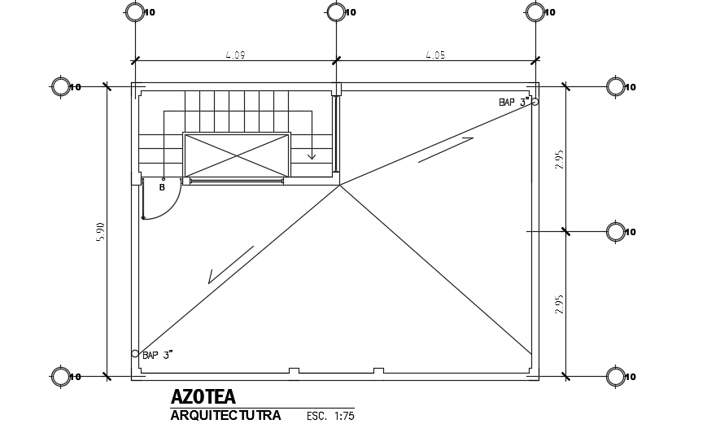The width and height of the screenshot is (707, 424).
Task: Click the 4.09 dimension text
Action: (x=235, y=55)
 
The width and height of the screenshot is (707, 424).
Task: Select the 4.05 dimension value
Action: (x=435, y=55)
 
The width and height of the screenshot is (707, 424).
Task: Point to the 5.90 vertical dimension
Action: (x=101, y=231)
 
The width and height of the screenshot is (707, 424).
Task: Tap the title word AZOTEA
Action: (x=203, y=397)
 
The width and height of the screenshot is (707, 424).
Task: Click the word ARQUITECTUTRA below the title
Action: (x=225, y=416)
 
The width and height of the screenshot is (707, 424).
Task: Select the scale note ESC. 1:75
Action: (x=330, y=416)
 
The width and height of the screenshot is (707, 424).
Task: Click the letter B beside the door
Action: (x=162, y=187)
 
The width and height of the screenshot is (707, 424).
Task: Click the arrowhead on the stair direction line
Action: (x=311, y=155)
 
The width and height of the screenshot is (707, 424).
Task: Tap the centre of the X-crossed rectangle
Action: (x=237, y=154)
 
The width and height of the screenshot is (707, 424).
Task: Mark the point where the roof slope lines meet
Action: (x=339, y=186)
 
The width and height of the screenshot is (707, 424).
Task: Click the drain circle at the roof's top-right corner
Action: (x=535, y=102)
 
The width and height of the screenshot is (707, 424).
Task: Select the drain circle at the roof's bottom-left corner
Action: (x=135, y=353)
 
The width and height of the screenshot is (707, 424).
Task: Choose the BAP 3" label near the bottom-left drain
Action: (x=157, y=355)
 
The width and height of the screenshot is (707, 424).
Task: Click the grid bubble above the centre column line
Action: (x=335, y=11)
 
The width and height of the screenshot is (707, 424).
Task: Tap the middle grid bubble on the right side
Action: (x=616, y=232)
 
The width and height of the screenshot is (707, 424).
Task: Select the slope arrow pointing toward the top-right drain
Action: (x=446, y=150)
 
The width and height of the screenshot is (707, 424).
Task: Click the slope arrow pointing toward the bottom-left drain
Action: (x=230, y=265)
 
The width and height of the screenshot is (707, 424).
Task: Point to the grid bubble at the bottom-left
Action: (x=61, y=376)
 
